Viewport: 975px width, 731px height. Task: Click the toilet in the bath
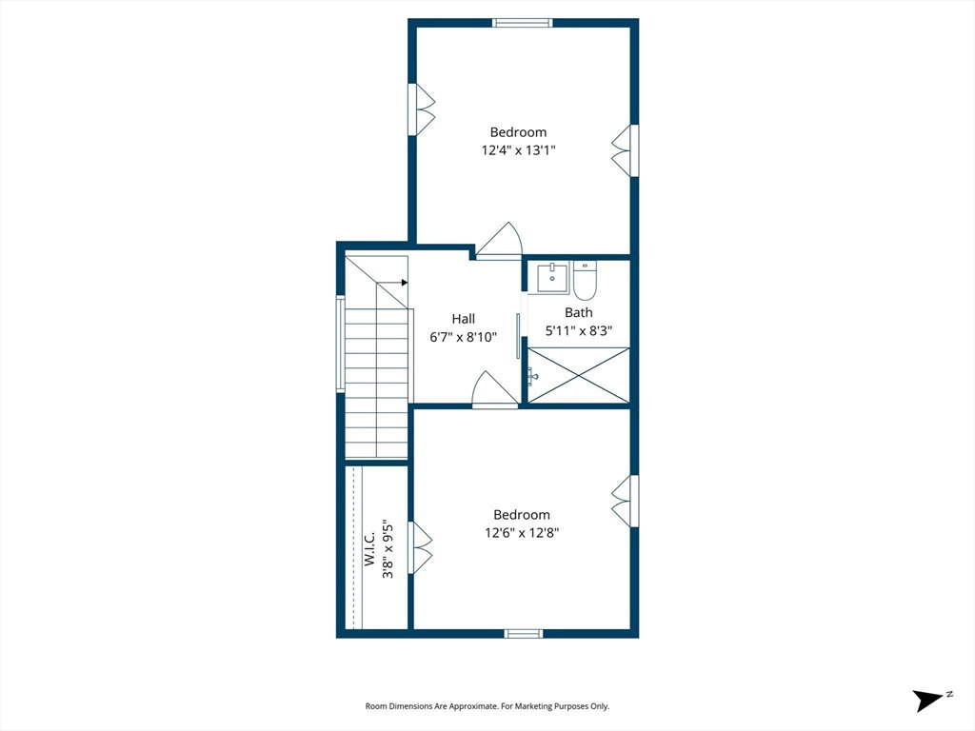tap(585, 281)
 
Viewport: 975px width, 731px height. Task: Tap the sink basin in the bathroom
tap(553, 278)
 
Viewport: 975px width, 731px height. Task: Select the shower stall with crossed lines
tap(578, 375)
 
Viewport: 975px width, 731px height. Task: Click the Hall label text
tap(464, 319)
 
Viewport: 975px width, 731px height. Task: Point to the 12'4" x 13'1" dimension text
tap(518, 149)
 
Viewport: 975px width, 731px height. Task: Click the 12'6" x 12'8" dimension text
tap(522, 533)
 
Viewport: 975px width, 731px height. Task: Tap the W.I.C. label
tap(369, 548)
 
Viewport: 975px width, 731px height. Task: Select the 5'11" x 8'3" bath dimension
tap(578, 330)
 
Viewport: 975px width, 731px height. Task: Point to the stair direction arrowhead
tap(404, 282)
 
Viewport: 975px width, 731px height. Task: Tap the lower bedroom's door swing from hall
tap(495, 389)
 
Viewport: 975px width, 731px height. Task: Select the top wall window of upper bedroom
tap(523, 23)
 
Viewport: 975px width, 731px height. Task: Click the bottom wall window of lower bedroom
tap(523, 633)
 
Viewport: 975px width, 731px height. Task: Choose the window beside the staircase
tap(340, 344)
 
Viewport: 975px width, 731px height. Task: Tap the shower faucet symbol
tap(532, 375)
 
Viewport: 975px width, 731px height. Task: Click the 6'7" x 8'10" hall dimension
tap(464, 337)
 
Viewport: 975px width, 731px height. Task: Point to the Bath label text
tap(578, 312)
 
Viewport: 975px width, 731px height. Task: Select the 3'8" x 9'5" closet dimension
tap(388, 549)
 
